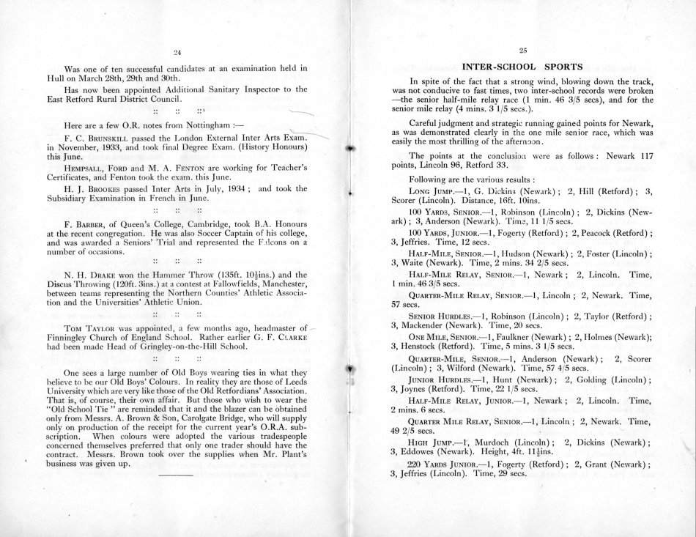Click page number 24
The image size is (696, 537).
pyautogui.click(x=177, y=51)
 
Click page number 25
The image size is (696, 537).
pyautogui.click(x=523, y=50)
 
